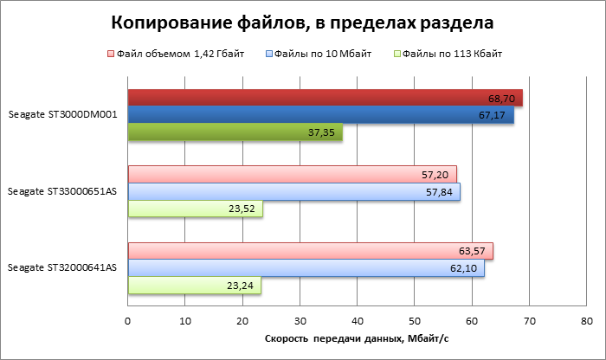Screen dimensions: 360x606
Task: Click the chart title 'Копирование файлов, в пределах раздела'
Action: pyautogui.click(x=303, y=21)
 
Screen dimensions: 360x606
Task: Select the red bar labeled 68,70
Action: pyautogui.click(x=325, y=98)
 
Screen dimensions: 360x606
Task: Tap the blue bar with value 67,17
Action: pyautogui.click(x=320, y=115)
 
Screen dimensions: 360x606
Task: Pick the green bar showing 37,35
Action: pyautogui.click(x=235, y=132)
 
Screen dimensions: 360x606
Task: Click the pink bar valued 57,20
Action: pyautogui.click(x=292, y=174)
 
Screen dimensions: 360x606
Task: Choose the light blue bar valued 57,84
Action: pyautogui.click(x=293, y=191)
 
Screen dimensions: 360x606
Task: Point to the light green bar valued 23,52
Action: pyautogui.click(x=195, y=209)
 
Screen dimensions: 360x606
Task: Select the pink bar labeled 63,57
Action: pyautogui.click(x=310, y=251)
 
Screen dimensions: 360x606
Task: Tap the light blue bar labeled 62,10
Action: pyautogui.click(x=306, y=268)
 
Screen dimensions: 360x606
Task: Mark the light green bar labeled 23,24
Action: pyautogui.click(x=194, y=286)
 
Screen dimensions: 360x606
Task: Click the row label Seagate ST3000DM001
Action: pyautogui.click(x=62, y=115)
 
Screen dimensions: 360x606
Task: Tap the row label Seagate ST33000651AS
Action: pyautogui.click(x=62, y=191)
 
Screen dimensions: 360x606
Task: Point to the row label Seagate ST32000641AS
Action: pyautogui.click(x=62, y=268)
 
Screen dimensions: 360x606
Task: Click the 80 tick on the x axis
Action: pyautogui.click(x=586, y=320)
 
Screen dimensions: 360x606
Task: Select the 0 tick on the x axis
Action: pyautogui.click(x=128, y=320)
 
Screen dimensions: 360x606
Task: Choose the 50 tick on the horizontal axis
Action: pyautogui.click(x=415, y=320)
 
